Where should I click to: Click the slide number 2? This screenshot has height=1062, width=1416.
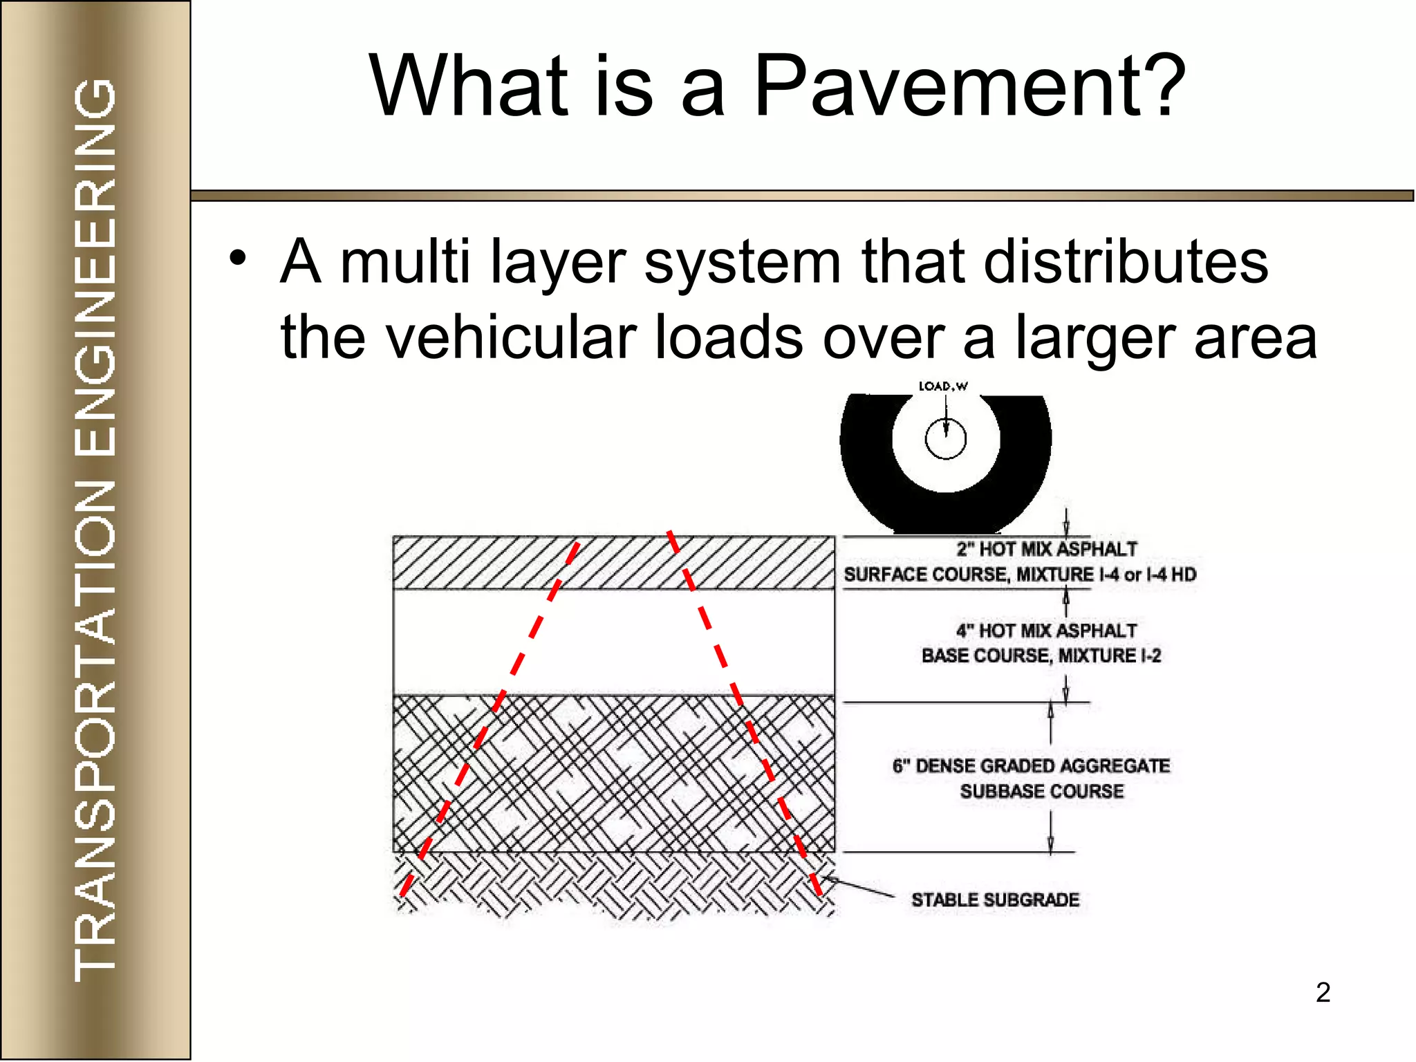1323,992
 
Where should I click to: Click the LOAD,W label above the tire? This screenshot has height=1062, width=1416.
943,386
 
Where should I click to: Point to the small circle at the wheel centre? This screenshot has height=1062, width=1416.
945,439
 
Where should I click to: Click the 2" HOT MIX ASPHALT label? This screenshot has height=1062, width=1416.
1046,549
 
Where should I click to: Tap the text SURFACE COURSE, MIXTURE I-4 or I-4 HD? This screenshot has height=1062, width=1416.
1019,575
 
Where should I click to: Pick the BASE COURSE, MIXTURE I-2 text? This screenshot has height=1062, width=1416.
1041,655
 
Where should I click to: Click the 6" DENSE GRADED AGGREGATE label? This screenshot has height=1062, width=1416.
1031,765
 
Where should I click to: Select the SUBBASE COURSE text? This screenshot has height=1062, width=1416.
1041,791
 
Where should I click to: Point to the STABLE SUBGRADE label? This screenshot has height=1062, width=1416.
995,900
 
